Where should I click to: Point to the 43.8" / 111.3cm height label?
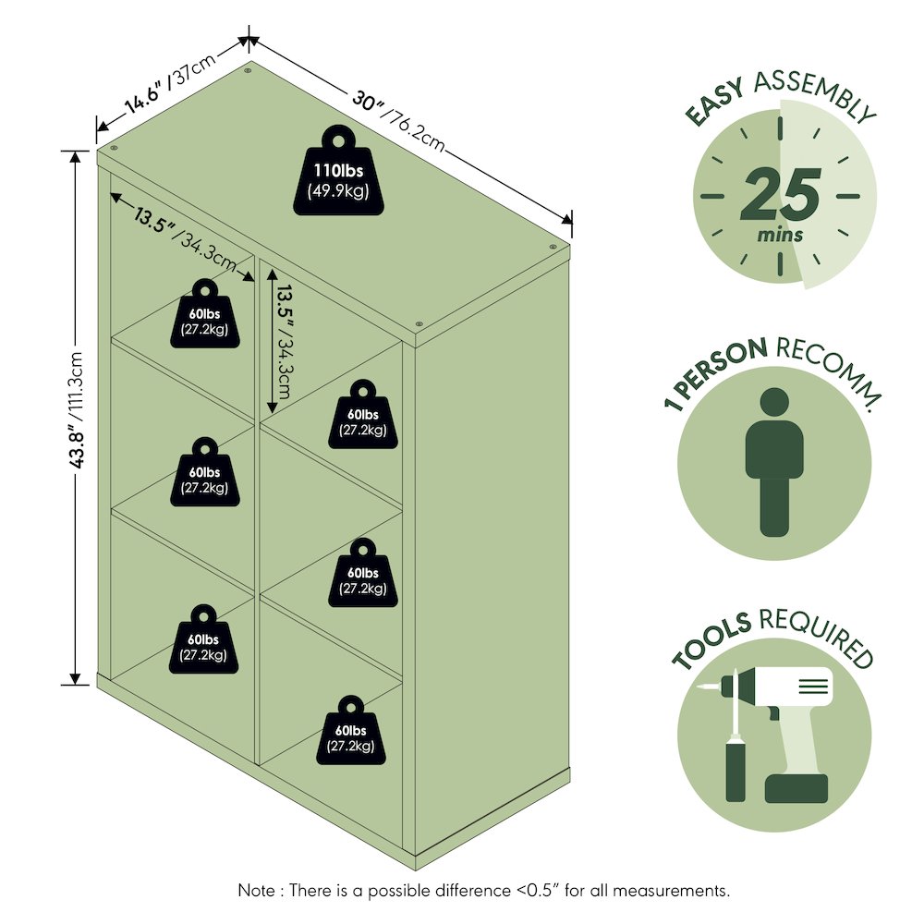77,410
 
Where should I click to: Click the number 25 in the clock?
780,194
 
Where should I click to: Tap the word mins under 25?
780,235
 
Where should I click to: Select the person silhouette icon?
774,461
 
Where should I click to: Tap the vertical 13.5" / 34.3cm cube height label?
284,342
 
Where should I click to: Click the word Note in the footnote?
256,891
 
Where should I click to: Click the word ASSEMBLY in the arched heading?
814,94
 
